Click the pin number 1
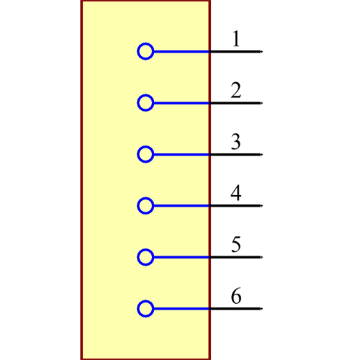235,39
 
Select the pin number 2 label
235,91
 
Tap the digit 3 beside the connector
235,142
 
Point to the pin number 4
235,193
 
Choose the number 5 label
235,245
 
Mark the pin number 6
235,296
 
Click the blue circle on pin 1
145,52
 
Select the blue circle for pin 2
145,103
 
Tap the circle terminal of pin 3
145,154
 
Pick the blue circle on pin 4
145,206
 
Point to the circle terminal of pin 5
145,257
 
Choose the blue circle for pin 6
145,309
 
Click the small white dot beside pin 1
261,52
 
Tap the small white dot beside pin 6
261,309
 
